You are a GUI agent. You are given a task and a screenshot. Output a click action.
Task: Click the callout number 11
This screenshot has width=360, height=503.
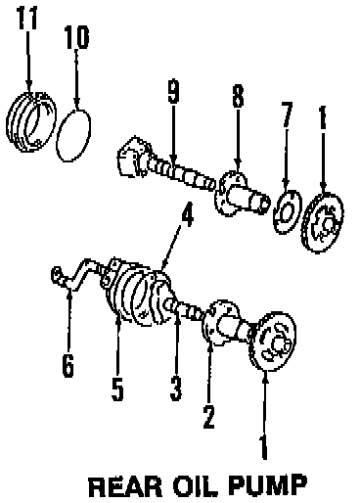click(x=27, y=18)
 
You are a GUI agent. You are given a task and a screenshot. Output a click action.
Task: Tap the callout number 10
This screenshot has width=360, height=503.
click(x=76, y=37)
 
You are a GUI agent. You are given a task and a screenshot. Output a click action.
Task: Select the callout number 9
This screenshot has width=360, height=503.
click(x=173, y=91)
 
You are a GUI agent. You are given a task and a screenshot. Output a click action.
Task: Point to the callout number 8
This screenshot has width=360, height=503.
click(x=238, y=96)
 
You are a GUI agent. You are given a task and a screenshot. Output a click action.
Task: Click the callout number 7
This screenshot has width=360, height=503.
click(x=287, y=114)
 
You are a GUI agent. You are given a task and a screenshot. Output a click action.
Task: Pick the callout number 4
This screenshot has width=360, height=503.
click(x=187, y=214)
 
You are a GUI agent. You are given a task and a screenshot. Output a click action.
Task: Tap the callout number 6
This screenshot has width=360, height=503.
click(x=67, y=364)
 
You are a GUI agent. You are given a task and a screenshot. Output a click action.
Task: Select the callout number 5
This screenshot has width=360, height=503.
click(x=117, y=389)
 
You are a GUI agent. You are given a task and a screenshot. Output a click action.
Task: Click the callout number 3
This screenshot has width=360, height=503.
click(x=176, y=389)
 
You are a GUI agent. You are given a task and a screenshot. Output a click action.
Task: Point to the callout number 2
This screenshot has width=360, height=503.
click(x=208, y=416)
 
